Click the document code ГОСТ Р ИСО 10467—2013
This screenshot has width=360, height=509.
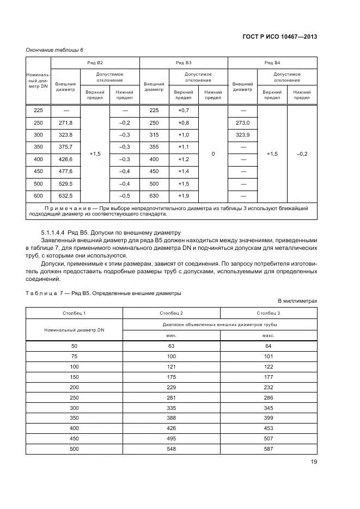[x=279, y=37]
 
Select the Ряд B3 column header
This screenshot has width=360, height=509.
[x=184, y=63]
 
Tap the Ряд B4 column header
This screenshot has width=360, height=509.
[x=272, y=63]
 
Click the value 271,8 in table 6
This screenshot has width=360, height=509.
[x=66, y=123]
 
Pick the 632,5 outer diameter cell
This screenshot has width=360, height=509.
[x=66, y=196]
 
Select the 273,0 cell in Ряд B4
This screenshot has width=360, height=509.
[x=242, y=123]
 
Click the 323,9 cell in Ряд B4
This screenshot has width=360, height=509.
[x=242, y=135]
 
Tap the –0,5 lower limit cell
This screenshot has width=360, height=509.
[x=125, y=196]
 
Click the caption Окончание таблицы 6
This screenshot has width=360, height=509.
[x=54, y=50]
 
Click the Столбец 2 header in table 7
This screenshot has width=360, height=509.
[x=171, y=313]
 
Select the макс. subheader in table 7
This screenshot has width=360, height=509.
[x=269, y=336]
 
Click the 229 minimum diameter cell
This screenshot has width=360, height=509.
[x=171, y=388]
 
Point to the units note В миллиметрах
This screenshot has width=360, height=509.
[x=297, y=301]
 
